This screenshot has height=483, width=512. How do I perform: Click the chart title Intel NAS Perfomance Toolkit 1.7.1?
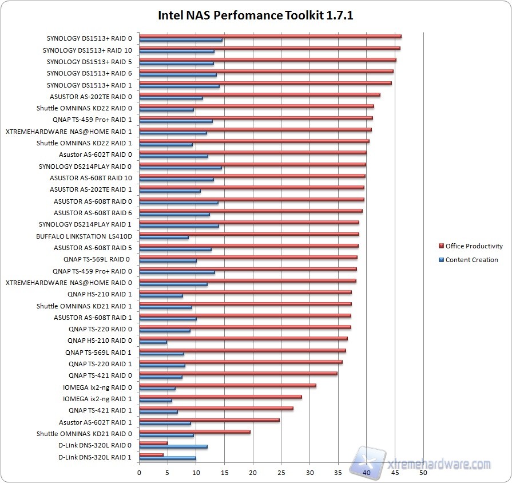coord(256,15)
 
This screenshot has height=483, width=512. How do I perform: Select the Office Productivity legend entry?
coord(474,246)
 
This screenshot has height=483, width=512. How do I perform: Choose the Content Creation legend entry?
coord(471,260)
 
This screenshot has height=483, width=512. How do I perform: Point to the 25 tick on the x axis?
coord(281,473)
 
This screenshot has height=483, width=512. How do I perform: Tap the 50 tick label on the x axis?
coord(423,473)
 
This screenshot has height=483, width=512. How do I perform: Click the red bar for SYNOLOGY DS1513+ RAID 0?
coord(270,36)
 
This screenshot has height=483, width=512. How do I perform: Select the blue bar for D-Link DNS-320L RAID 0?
coord(173,446)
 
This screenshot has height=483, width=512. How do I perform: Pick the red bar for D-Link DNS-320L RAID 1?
coord(152,455)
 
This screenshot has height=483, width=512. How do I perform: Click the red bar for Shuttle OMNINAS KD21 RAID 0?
coord(195,431)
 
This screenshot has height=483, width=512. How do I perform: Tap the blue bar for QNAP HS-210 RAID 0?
coord(153,342)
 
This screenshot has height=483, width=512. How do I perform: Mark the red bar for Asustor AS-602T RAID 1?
coord(209,420)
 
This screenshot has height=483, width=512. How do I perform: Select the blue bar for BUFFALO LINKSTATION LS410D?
coord(164,237)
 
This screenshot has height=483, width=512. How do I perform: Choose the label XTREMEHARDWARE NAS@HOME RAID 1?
coord(69,131)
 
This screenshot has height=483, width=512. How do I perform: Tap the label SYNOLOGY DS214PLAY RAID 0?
coord(85,167)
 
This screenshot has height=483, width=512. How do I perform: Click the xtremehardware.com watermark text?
coord(446,464)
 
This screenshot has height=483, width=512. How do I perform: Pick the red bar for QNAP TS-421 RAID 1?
coord(216,408)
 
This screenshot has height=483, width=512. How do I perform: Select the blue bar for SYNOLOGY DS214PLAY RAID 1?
coord(179,226)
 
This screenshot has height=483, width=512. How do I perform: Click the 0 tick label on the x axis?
coord(140,473)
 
